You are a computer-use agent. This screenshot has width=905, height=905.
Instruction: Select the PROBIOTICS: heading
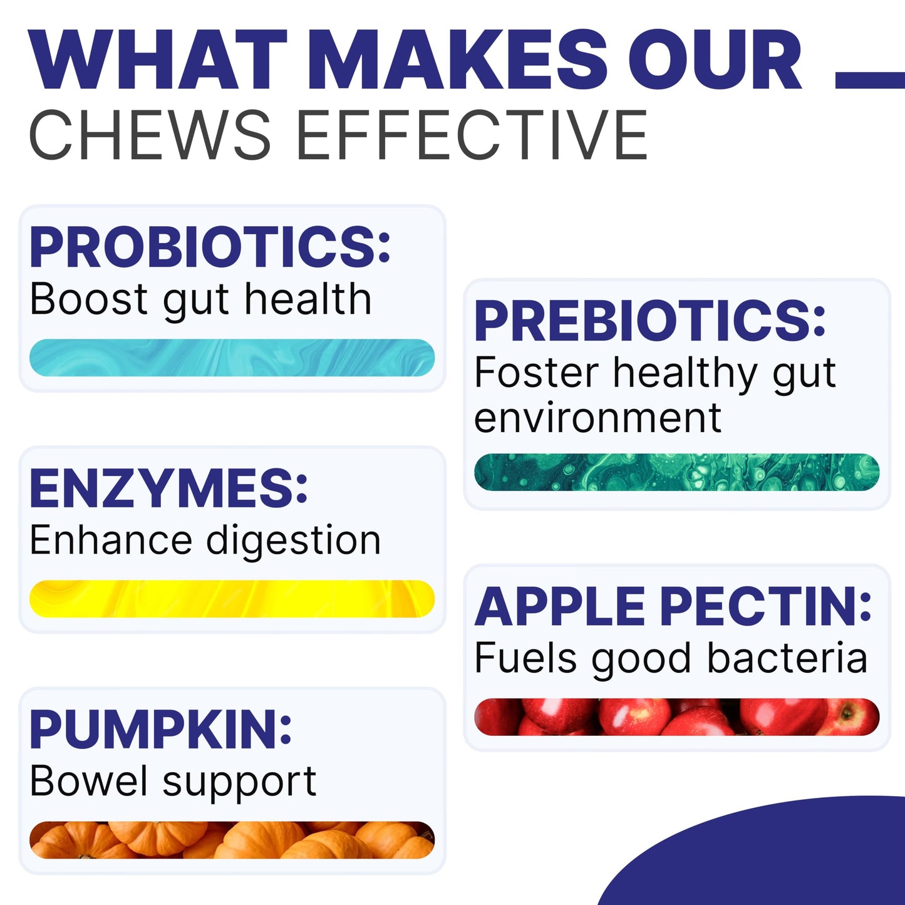(210, 247)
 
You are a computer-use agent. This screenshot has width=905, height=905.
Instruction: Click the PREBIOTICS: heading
(650, 321)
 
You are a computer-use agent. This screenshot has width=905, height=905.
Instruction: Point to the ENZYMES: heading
(168, 489)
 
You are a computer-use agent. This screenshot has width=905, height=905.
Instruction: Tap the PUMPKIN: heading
(160, 730)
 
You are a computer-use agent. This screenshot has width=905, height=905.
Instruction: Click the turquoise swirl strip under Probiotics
(232, 358)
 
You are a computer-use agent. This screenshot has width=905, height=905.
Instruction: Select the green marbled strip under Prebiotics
(676, 472)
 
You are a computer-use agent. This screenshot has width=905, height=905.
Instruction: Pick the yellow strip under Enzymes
(232, 599)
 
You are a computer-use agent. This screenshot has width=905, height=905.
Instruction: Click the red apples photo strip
(676, 716)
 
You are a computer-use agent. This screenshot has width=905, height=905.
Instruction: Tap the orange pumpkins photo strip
(232, 840)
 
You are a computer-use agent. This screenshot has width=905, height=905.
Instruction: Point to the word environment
(597, 418)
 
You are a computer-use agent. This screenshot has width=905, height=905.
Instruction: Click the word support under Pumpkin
(239, 782)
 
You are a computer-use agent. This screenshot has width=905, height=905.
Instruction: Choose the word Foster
(536, 373)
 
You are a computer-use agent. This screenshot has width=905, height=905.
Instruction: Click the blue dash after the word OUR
(870, 80)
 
